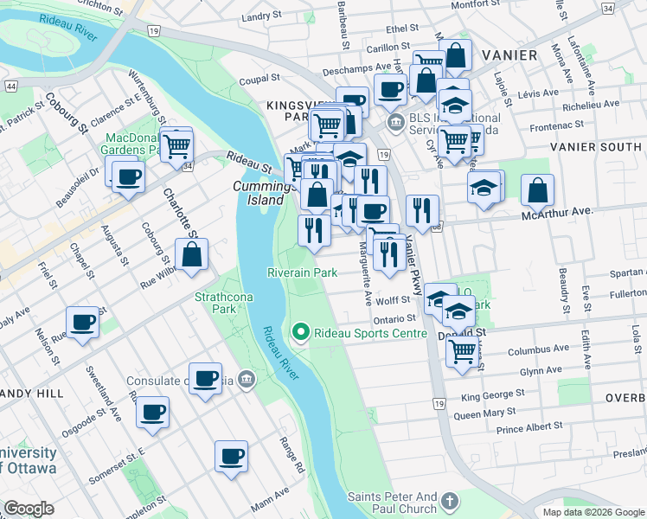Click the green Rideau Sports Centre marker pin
click(x=301, y=332)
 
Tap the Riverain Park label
click(x=301, y=272)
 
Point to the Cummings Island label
click(x=259, y=193)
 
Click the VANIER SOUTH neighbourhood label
click(x=597, y=147)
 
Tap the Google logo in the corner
click(x=29, y=509)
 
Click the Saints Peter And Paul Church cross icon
click(x=449, y=501)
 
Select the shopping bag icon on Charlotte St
click(x=192, y=255)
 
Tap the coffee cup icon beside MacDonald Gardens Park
click(x=129, y=177)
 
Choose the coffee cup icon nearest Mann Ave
click(x=231, y=456)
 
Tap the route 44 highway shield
click(x=11, y=86)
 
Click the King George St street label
click(x=494, y=397)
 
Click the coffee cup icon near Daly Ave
click(x=83, y=323)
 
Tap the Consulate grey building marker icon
click(x=247, y=378)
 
